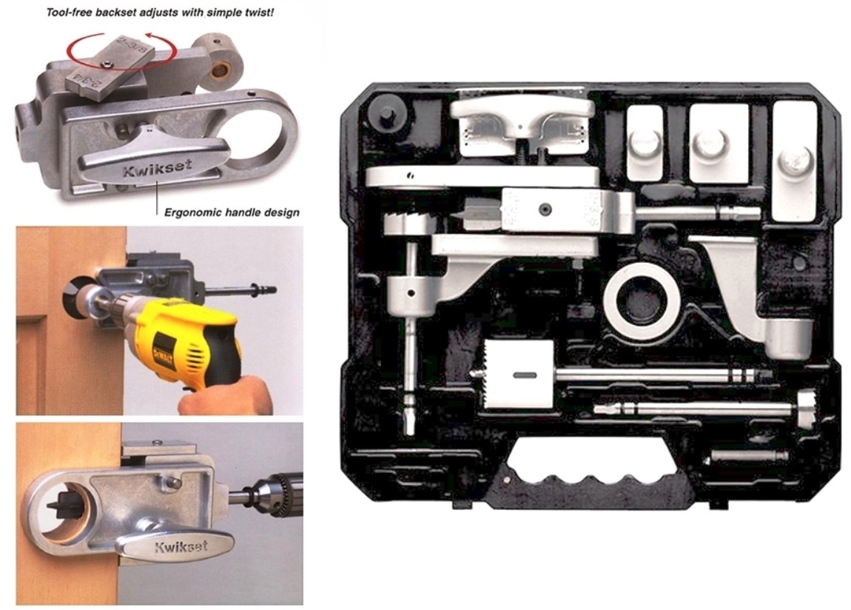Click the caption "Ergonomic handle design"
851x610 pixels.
pos(232,212)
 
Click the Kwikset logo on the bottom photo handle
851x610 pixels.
pos(181,548)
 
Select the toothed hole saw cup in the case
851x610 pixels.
pos(517,375)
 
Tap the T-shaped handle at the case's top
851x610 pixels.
pos(522,118)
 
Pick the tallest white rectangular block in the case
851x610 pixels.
pos(794,160)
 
